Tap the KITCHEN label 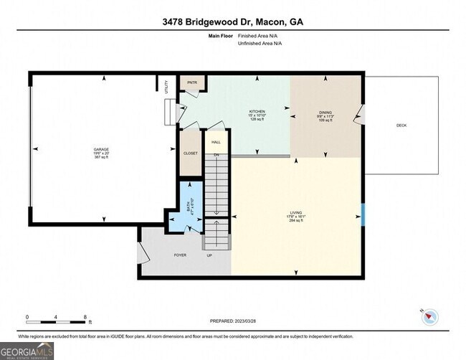click(257, 112)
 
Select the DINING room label click(326, 113)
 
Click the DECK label click(401, 125)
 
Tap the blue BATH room click(191, 207)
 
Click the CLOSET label click(191, 153)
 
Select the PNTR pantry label click(192, 82)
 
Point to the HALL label click(216, 143)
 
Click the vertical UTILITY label click(166, 87)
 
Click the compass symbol click(429, 316)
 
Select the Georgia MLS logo click(27, 351)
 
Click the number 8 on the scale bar click(85, 317)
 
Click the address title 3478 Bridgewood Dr click(233, 22)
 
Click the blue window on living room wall click(363, 213)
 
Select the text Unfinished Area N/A click(260, 44)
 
